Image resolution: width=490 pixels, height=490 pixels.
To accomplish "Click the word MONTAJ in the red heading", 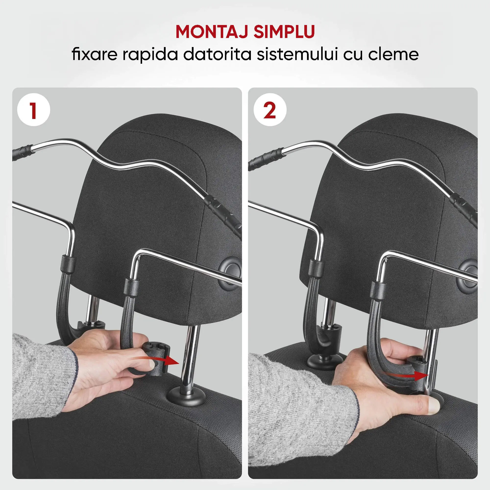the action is click(212, 32).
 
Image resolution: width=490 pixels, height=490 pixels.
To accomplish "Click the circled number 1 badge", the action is click(34, 110).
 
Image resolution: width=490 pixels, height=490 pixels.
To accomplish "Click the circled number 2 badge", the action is click(270, 110).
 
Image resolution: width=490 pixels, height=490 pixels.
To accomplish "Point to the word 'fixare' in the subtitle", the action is click(94, 54).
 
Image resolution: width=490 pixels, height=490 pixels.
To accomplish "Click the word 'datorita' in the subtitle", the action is click(217, 54).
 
